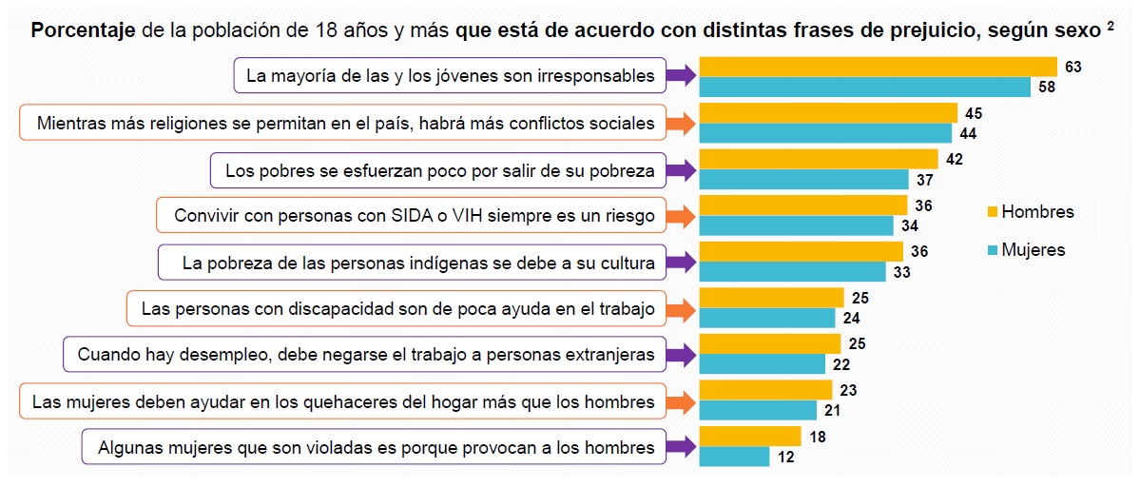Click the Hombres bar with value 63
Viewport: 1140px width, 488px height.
tap(878, 67)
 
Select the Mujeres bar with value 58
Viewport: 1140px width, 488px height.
tap(864, 88)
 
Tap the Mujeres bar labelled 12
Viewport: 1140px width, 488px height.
tap(734, 457)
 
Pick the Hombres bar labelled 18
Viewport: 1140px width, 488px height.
tap(750, 437)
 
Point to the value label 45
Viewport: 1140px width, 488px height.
tap(974, 113)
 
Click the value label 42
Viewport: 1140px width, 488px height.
tap(955, 159)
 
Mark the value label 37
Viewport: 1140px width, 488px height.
tap(925, 180)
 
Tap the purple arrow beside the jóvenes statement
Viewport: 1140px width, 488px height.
tap(680, 76)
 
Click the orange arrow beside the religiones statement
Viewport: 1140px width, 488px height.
tap(680, 123)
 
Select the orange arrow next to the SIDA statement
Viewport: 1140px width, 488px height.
tap(680, 216)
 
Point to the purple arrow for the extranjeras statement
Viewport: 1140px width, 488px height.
tap(680, 356)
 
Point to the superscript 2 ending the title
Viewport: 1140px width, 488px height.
tap(1111, 26)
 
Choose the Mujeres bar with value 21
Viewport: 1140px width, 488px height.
tap(758, 410)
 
